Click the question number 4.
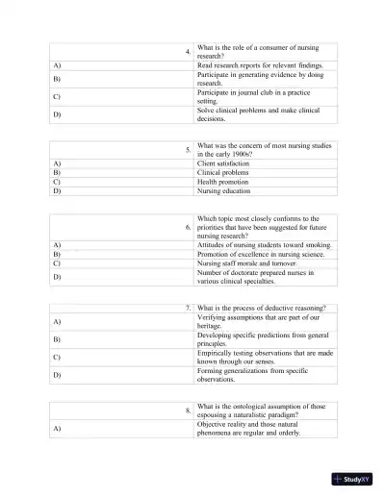[187, 51]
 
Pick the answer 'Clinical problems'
[223, 173]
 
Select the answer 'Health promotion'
[223, 182]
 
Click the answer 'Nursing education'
[225, 190]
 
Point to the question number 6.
[187, 227]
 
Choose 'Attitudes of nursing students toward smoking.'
[263, 244]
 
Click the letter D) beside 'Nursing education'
[57, 190]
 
